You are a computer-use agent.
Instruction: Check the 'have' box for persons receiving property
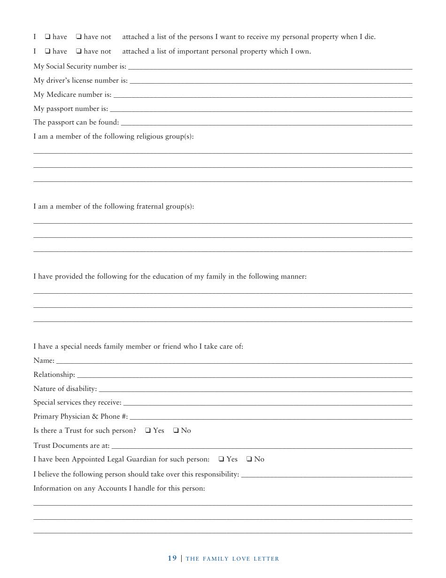tap(47, 37)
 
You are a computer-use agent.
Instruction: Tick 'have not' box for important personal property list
tap(79, 51)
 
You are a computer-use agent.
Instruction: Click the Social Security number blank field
tap(270, 66)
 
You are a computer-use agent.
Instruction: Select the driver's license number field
tap(271, 80)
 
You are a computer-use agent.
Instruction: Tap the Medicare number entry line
tap(263, 94)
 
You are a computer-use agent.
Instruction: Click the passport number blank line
tap(261, 109)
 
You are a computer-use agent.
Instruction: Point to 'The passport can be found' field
tap(267, 123)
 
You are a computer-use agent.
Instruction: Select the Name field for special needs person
tap(234, 361)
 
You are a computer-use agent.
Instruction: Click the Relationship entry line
tap(245, 375)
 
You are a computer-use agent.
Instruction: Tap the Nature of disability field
tap(255, 389)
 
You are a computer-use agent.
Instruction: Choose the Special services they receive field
tap(268, 403)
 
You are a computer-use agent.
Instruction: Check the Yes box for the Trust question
tap(148, 430)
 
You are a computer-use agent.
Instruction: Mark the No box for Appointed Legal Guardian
tap(249, 459)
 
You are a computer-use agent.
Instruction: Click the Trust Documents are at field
tap(262, 445)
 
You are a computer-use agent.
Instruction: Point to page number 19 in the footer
tap(172, 558)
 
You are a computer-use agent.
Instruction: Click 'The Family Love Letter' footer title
tap(232, 559)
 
